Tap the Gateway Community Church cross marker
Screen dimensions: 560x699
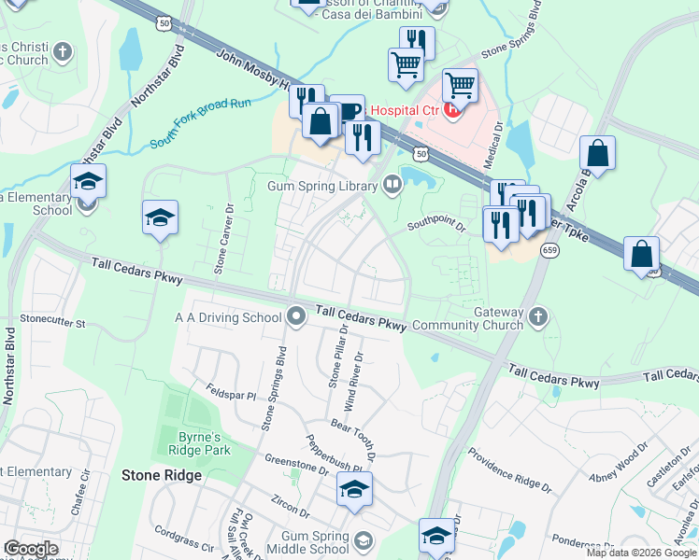[537, 317]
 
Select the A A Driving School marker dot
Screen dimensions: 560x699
[296, 317]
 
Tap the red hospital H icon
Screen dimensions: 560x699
[453, 110]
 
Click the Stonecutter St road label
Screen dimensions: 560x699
[52, 324]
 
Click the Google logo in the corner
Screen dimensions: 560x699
[31, 549]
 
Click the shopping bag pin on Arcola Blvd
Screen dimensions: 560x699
[597, 154]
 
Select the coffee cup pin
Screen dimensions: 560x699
[347, 111]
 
